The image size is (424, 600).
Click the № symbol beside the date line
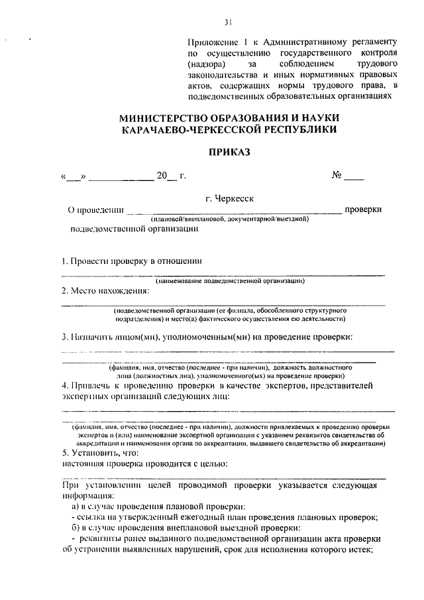point(336,176)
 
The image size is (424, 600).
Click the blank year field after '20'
point(172,177)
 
